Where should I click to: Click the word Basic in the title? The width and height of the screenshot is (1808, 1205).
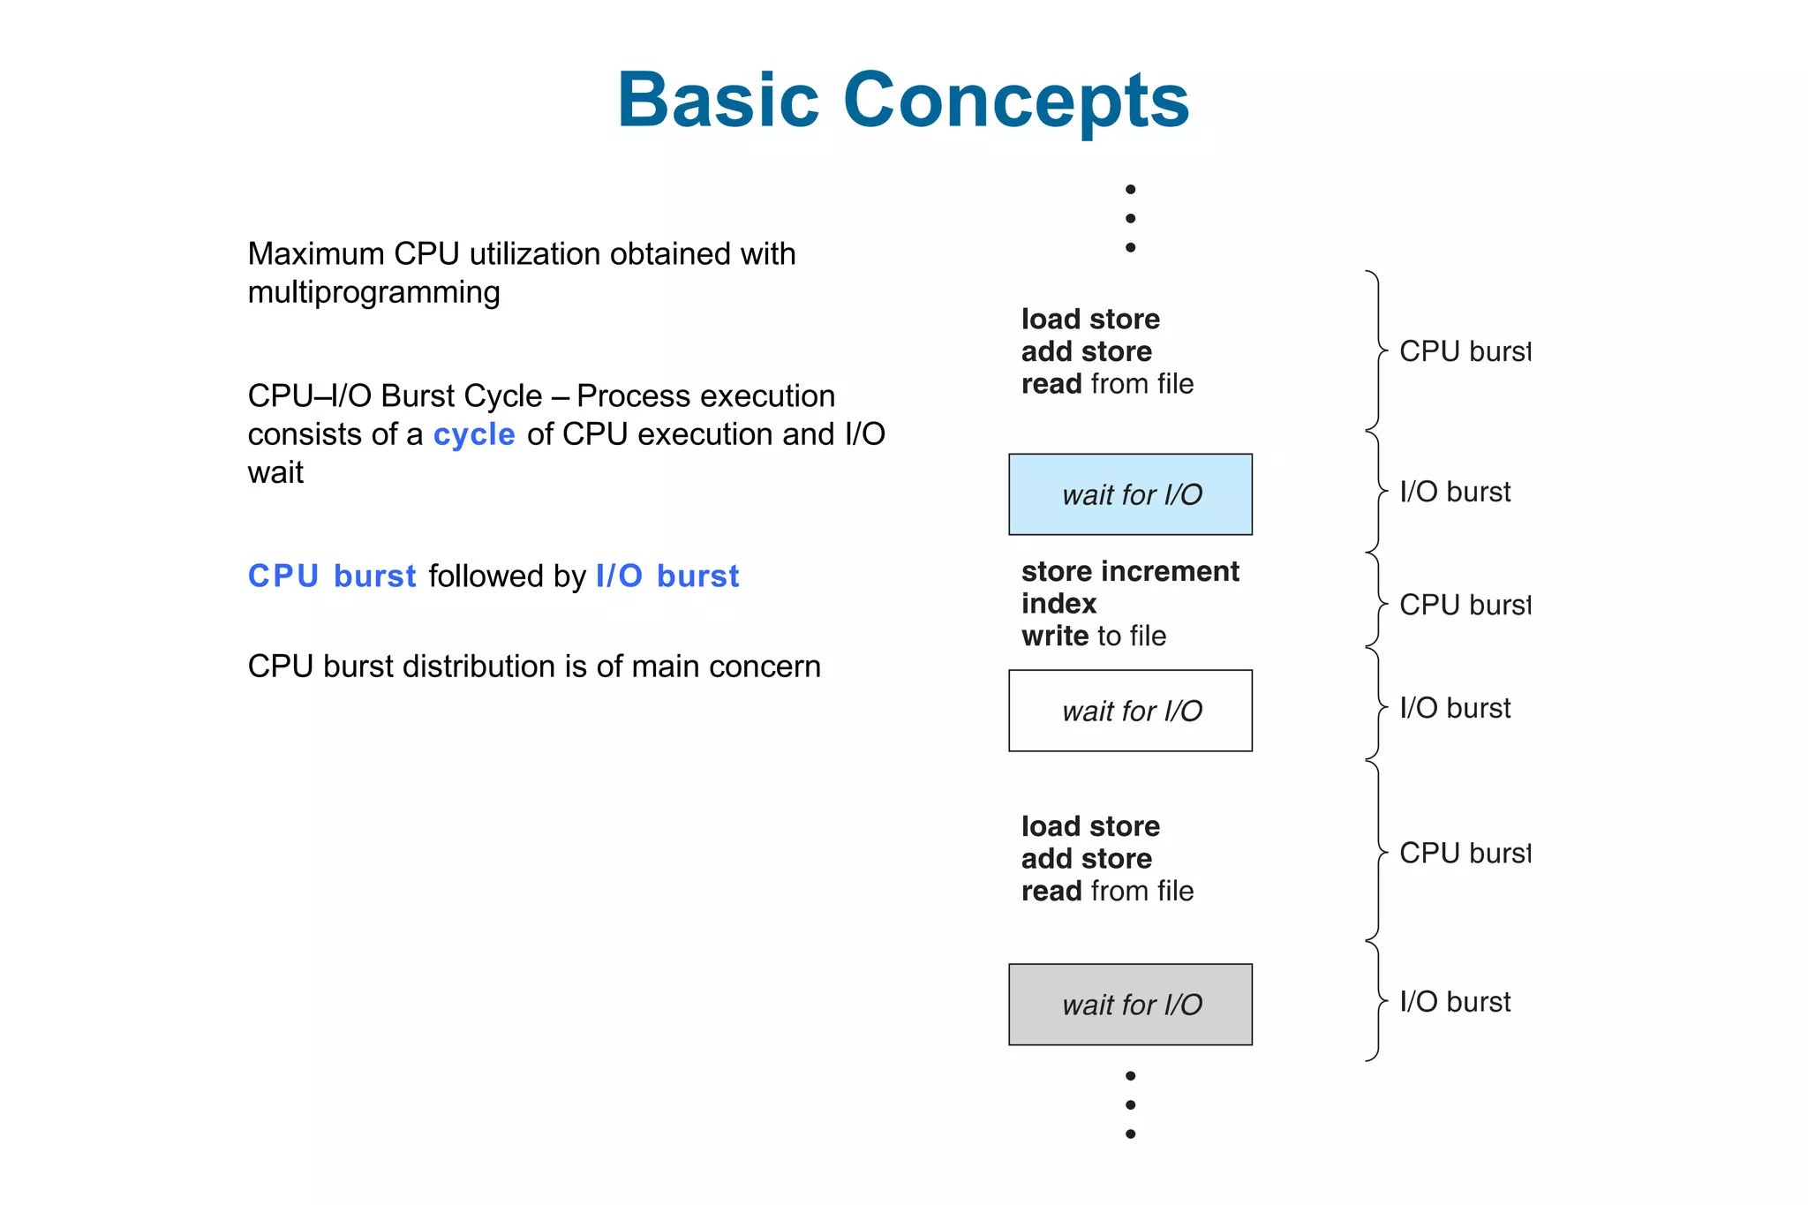coord(718,100)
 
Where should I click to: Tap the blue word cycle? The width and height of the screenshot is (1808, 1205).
coord(474,434)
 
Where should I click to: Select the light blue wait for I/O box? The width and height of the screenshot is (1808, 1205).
coord(1130,494)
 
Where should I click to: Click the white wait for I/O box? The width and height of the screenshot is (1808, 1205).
coord(1130,711)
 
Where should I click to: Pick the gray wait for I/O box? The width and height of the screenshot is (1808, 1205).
coord(1130,1005)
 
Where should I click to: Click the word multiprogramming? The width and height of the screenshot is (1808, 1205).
coord(373,292)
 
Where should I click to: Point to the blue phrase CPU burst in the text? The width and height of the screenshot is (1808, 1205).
coord(332,576)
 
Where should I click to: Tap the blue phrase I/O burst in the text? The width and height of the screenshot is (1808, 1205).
coord(667,576)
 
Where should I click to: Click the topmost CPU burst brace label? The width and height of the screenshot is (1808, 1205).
coord(1464,351)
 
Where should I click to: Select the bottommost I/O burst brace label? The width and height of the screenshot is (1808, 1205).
coord(1455,1002)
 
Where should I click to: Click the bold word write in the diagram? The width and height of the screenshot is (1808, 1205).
coord(1054,636)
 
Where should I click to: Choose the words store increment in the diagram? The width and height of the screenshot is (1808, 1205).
coord(1130,571)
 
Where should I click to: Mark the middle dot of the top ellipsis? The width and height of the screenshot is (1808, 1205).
coord(1130,218)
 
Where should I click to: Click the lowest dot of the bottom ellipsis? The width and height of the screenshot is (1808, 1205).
coord(1130,1134)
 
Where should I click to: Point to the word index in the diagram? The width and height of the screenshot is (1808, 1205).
coord(1058,604)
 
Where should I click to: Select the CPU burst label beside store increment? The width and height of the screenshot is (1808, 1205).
coord(1464,605)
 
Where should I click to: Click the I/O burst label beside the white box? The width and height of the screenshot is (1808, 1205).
coord(1455,708)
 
